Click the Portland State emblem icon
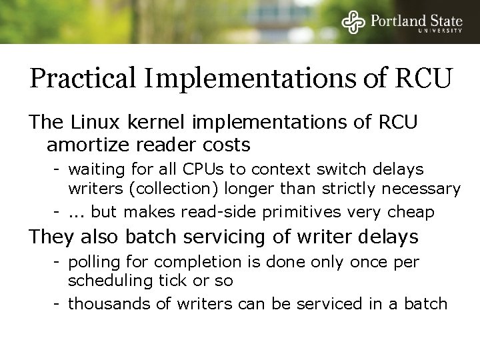[353, 23]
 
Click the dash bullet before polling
[58, 262]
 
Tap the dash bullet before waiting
[58, 169]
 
